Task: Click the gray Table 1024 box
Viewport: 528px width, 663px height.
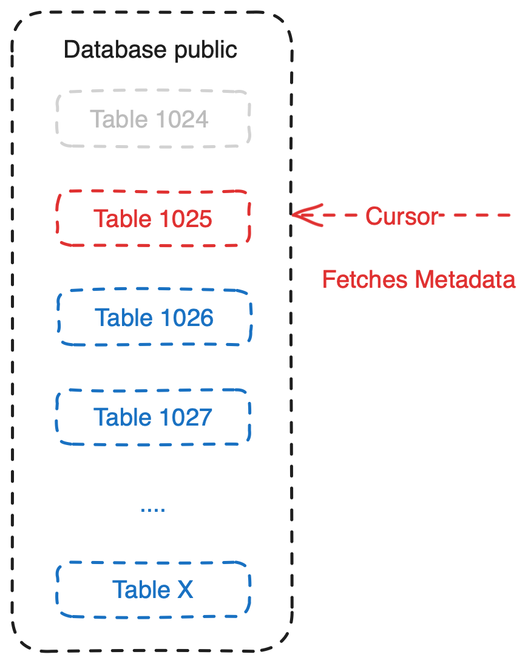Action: (x=153, y=119)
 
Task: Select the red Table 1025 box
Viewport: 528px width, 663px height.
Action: (x=153, y=219)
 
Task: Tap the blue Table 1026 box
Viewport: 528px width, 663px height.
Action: (x=154, y=318)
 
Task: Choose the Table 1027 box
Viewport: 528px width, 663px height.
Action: (x=153, y=417)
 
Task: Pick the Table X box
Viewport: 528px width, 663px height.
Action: (x=153, y=589)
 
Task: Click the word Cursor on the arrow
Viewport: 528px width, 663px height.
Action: (x=402, y=216)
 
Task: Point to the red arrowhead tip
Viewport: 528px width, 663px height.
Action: (x=294, y=214)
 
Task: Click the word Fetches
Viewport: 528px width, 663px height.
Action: (x=365, y=279)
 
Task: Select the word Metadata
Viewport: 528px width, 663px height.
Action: (x=465, y=279)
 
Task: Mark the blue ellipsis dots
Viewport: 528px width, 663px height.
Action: (x=153, y=509)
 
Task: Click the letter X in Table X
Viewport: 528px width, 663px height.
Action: (x=185, y=589)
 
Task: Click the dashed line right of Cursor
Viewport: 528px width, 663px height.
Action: (x=479, y=216)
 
